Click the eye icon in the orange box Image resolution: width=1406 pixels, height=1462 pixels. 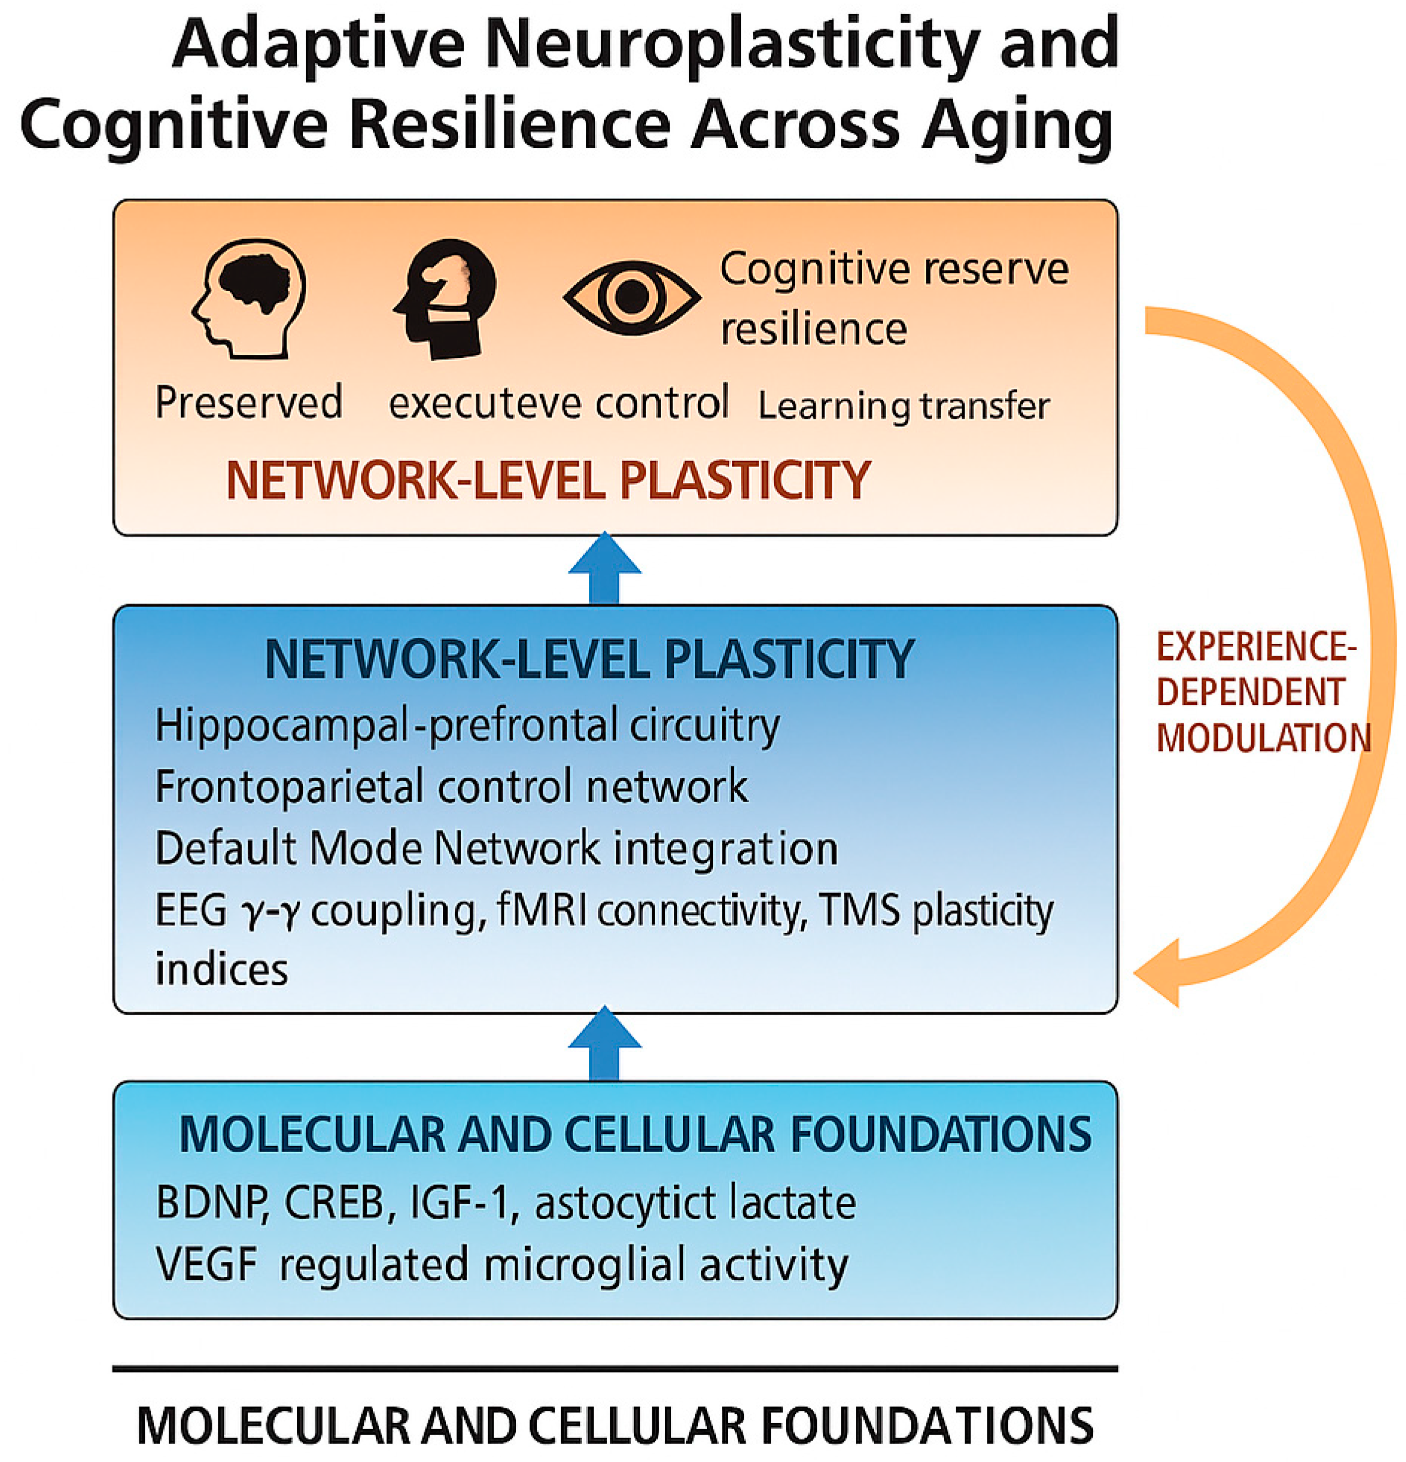coord(631,297)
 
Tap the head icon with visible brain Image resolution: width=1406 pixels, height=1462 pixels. coord(250,298)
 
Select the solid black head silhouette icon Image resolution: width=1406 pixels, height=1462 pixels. coord(446,298)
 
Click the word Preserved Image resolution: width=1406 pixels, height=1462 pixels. coord(249,403)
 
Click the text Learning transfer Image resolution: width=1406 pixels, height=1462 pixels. coord(903,406)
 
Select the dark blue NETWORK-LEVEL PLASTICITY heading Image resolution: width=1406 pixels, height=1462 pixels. coord(590,659)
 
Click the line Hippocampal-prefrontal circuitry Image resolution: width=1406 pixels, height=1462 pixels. coord(467,725)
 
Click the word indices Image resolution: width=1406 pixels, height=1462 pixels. coord(222,969)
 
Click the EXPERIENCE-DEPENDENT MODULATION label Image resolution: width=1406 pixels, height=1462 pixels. coord(1261,692)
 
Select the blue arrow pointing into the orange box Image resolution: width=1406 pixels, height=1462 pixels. coord(605,568)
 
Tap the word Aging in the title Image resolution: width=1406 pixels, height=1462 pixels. coord(1017,123)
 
